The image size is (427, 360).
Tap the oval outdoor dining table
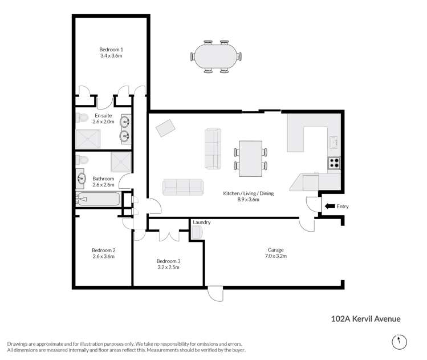tap(216, 55)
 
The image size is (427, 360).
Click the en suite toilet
tap(82, 118)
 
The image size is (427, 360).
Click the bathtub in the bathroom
tap(97, 200)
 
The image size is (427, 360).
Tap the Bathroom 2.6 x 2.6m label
tap(103, 181)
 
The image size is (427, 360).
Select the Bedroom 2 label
tap(103, 253)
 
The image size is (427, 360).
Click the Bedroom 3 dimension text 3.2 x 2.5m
tap(168, 267)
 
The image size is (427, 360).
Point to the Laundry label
tap(202, 222)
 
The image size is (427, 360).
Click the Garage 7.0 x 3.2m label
tap(276, 253)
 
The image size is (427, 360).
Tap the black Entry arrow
tap(329, 207)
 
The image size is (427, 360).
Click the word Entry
tap(343, 207)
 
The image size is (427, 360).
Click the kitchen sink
tap(334, 140)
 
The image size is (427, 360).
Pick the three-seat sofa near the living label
tap(182, 187)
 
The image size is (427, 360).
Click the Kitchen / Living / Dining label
tap(249, 196)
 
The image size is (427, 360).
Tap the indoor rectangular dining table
tap(250, 159)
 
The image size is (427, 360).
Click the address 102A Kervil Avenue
tap(362, 319)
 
